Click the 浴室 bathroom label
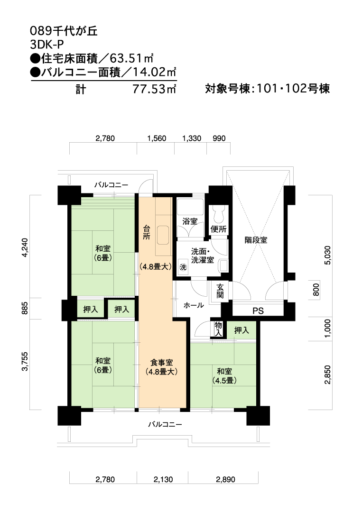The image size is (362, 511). (x=190, y=221)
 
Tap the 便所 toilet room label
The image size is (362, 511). (x=219, y=229)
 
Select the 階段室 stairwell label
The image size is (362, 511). (x=256, y=240)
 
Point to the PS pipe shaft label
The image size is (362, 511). (x=258, y=311)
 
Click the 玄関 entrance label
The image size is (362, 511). (x=220, y=291)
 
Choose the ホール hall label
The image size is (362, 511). (x=194, y=305)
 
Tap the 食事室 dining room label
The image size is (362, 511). (x=161, y=362)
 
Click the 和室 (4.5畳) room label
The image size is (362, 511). (x=224, y=376)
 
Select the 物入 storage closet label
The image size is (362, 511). (x=219, y=329)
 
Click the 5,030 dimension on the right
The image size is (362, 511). (x=327, y=255)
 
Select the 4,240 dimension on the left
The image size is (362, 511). (x=26, y=247)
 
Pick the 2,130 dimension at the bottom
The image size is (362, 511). (x=163, y=479)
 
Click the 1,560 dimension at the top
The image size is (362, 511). (x=157, y=138)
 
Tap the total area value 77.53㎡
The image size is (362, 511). (x=154, y=89)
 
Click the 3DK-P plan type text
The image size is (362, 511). (x=46, y=45)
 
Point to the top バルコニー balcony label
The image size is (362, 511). (x=111, y=185)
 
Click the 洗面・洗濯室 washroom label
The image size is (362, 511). (x=203, y=256)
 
